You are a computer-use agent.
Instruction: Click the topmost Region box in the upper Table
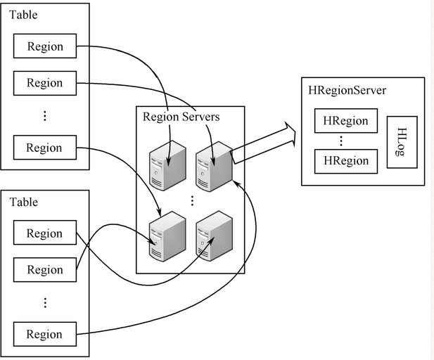click(45, 47)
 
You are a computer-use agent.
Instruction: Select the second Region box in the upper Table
click(45, 83)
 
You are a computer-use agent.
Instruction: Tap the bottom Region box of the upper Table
click(45, 148)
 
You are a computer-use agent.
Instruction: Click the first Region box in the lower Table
click(45, 233)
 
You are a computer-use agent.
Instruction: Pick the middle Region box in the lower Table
click(45, 269)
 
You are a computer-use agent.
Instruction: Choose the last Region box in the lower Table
click(45, 334)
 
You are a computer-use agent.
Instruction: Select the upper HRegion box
click(345, 121)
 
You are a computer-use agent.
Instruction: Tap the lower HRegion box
click(345, 161)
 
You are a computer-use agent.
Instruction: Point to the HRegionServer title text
click(347, 91)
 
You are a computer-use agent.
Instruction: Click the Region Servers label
click(181, 117)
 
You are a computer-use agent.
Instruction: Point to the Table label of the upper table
click(23, 14)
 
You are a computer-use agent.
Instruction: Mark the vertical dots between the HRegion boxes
click(345, 141)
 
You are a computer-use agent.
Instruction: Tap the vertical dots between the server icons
click(191, 200)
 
